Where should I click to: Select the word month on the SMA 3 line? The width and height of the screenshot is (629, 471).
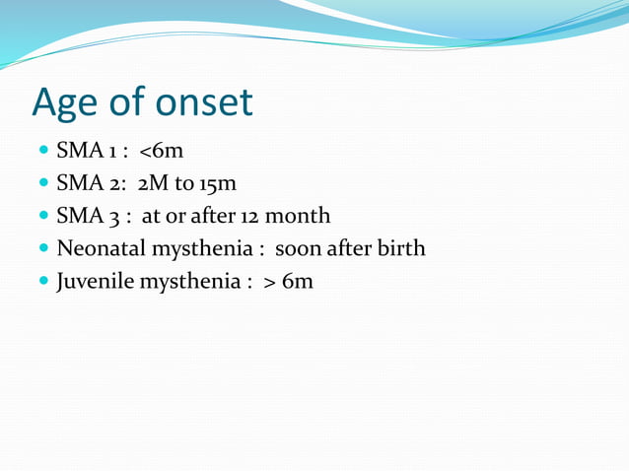[298, 215]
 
